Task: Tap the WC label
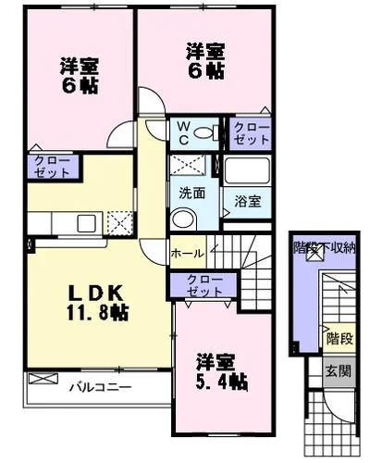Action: (x=182, y=131)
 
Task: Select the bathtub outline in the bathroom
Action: (x=244, y=171)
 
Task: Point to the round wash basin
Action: (x=182, y=219)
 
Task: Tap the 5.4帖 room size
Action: (x=220, y=382)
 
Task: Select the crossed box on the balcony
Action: (x=42, y=379)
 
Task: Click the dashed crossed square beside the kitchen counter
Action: (x=119, y=223)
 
